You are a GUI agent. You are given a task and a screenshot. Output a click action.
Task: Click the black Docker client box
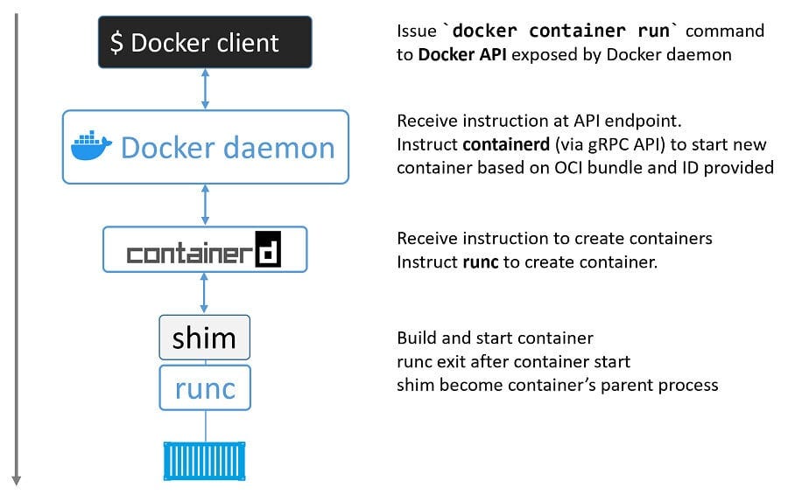tap(204, 42)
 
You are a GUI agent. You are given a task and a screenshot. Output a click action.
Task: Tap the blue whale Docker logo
tap(91, 147)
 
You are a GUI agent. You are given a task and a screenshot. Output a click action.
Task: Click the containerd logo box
tap(205, 250)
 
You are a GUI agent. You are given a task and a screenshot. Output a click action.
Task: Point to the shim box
tap(204, 338)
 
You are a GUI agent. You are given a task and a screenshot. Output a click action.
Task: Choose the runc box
tap(204, 387)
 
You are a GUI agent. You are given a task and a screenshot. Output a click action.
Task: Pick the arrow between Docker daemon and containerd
tap(205, 205)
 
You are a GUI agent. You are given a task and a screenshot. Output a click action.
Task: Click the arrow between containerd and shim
tap(205, 293)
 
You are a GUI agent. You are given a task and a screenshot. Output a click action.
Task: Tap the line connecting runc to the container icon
tap(205, 426)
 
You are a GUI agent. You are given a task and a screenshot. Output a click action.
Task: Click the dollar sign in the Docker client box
tap(117, 43)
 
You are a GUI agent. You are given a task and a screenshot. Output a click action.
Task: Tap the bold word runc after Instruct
tap(481, 261)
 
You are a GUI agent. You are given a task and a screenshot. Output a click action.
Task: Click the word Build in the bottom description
tap(417, 338)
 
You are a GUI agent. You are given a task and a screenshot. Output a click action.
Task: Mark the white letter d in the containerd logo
tap(266, 250)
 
